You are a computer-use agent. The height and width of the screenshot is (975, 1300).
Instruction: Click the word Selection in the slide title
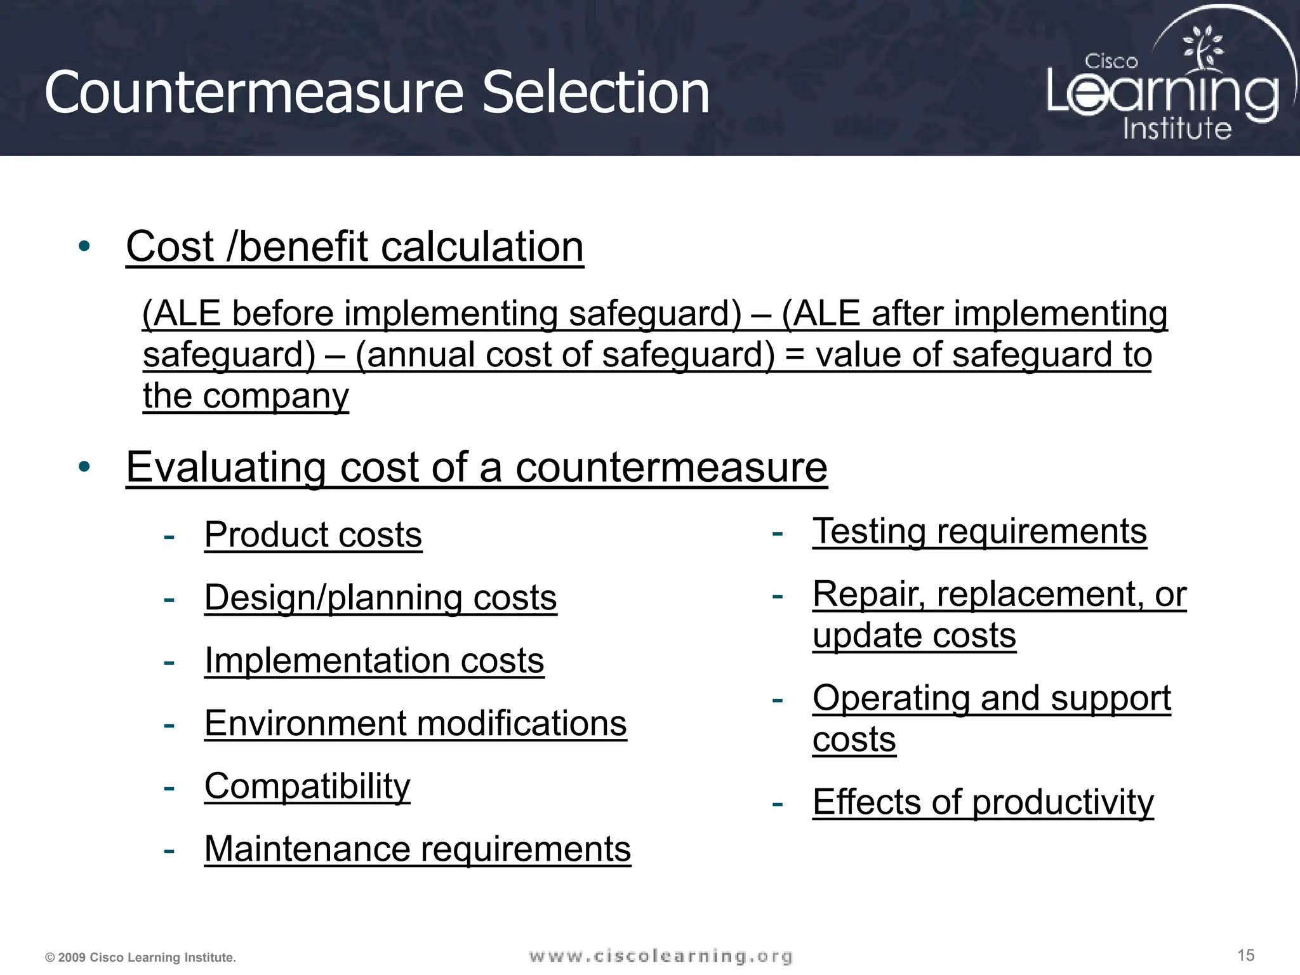coord(595,93)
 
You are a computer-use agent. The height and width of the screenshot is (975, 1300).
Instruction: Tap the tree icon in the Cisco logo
coord(1202,48)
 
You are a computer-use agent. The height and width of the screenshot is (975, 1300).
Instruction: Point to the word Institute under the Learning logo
coord(1177,128)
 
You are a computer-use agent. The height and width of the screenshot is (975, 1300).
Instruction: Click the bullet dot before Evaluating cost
coord(84,467)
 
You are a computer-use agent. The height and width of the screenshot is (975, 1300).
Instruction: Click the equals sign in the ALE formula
coord(795,355)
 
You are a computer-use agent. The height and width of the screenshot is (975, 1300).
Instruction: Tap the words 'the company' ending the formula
coord(246,396)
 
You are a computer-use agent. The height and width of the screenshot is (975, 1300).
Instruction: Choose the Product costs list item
coord(313,534)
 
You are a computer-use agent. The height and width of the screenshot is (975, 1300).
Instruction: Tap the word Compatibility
coord(307,786)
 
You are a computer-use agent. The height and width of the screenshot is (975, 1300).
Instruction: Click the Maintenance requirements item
coord(417,849)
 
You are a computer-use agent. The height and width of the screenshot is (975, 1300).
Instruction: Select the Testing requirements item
coord(979,531)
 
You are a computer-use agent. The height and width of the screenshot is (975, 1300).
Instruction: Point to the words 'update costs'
coord(914,635)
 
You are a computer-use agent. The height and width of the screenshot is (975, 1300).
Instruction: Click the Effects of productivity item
coord(983,802)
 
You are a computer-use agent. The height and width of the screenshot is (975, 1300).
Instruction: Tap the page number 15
coord(1245,955)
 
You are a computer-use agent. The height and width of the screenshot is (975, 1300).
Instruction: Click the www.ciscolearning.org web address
coord(661,956)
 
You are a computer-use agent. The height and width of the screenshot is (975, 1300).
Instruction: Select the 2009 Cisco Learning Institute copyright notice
coord(141,957)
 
